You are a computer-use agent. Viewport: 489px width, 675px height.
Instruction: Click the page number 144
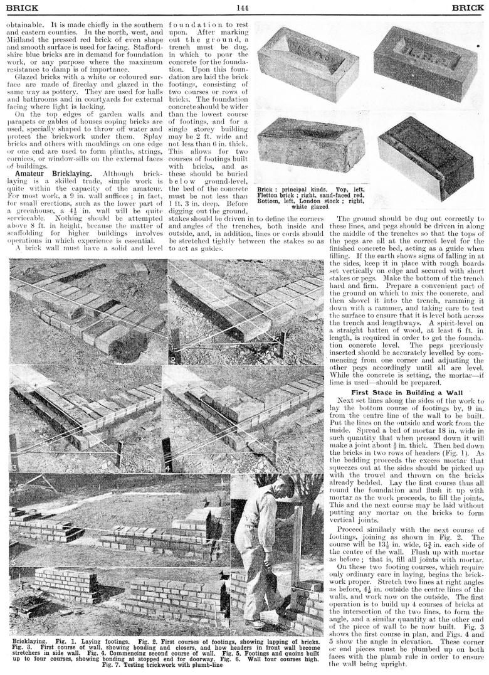click(x=243, y=8)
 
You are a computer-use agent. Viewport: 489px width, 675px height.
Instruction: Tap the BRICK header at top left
click(x=21, y=8)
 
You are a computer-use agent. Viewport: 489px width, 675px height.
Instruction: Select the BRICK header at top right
click(x=467, y=8)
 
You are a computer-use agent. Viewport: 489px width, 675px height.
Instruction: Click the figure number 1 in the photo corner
click(x=12, y=360)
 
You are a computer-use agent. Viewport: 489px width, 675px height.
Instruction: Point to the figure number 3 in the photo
click(x=13, y=467)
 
